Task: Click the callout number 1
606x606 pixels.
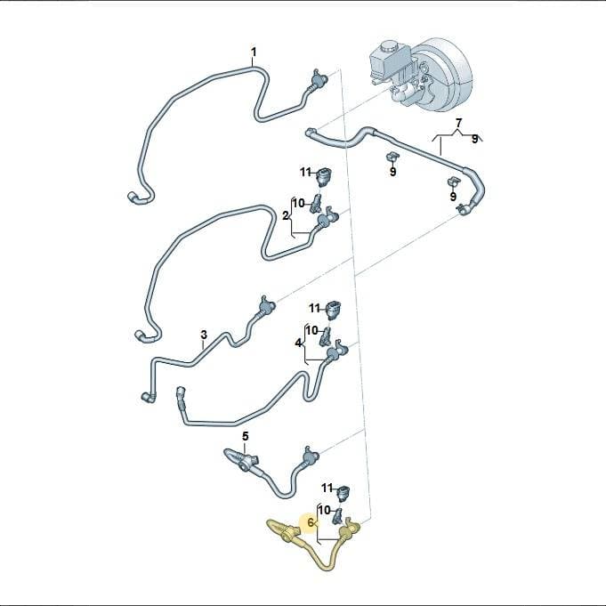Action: (x=254, y=52)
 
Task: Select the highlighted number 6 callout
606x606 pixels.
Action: (x=311, y=523)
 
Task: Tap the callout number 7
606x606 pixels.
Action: (x=458, y=124)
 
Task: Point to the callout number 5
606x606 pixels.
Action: (x=246, y=437)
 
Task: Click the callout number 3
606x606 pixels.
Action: (x=204, y=335)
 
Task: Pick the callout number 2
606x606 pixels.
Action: (x=286, y=216)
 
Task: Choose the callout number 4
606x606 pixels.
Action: (x=298, y=343)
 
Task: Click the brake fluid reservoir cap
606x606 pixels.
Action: (x=387, y=47)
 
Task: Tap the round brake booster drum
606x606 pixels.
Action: (x=444, y=74)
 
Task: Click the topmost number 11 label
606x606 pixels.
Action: (x=306, y=172)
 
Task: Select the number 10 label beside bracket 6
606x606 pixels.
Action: (x=324, y=510)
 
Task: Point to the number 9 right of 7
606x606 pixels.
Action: (x=474, y=139)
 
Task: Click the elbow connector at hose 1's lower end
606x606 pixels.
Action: (x=136, y=198)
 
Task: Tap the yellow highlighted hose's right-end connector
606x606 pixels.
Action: (x=349, y=529)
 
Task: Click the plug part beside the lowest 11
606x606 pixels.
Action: (x=343, y=492)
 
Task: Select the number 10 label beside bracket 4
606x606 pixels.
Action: (x=311, y=331)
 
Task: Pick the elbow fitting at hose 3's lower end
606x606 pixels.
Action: (x=149, y=397)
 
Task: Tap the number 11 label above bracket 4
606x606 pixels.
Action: (x=314, y=309)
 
